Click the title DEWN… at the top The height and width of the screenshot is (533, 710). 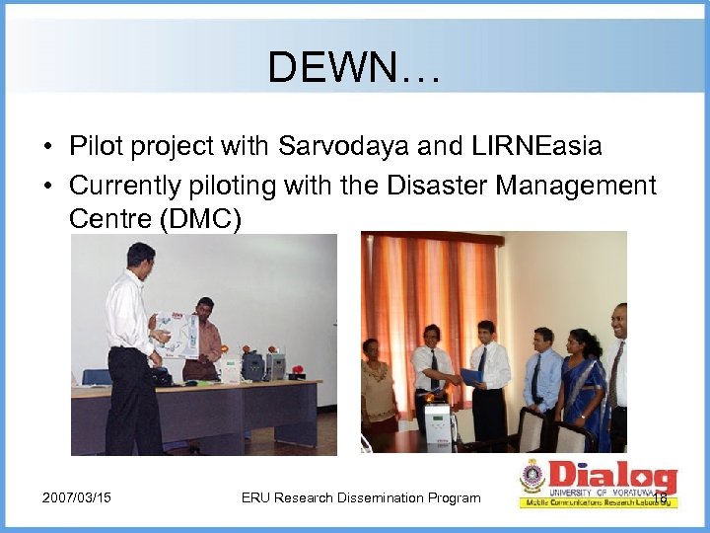tap(356, 67)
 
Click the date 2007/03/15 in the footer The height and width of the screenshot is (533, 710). tap(77, 497)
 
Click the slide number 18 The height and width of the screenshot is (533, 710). tap(660, 498)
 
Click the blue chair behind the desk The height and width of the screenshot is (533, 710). tap(97, 376)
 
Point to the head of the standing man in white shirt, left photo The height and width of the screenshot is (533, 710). tap(141, 257)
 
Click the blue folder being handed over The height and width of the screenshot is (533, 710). tap(471, 376)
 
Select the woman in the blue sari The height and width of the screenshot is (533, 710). tap(582, 380)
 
